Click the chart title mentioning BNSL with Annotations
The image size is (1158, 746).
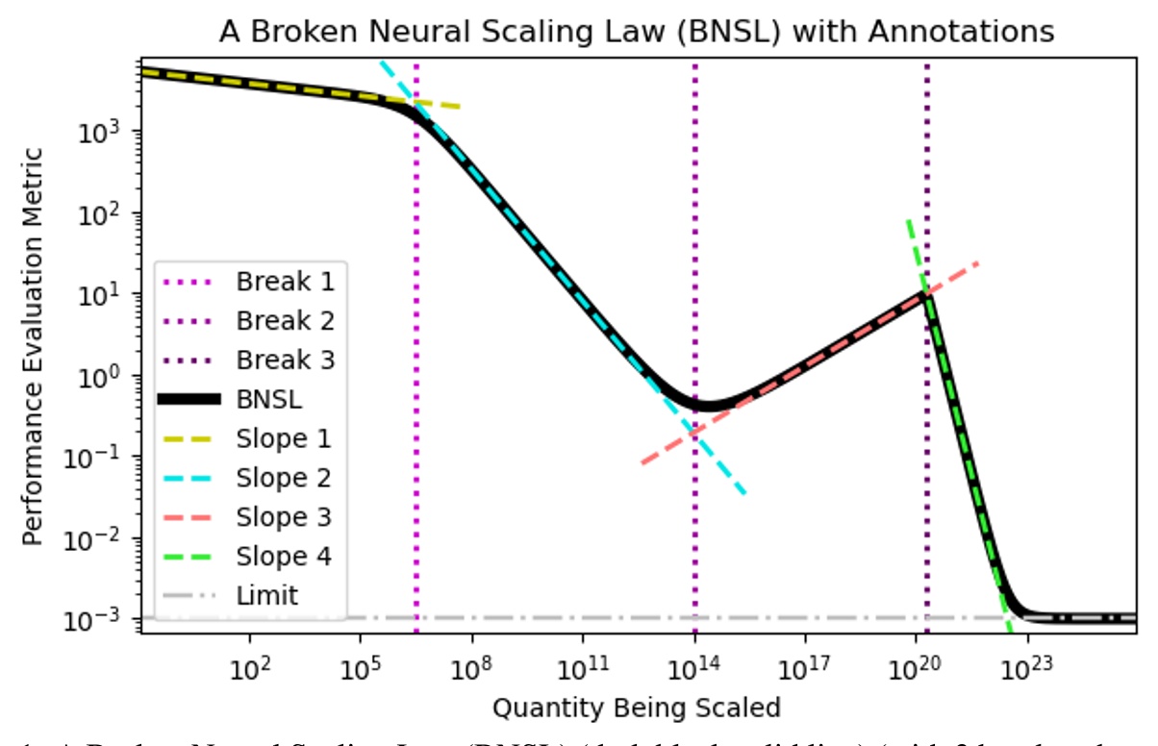[637, 32]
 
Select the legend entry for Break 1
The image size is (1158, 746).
[252, 282]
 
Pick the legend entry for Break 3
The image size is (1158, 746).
[252, 360]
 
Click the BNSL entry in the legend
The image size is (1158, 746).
[252, 399]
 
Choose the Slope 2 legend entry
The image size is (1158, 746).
[252, 477]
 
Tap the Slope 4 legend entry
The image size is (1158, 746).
[252, 556]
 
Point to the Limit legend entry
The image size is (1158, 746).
[252, 595]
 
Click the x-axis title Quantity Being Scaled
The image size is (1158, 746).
[636, 709]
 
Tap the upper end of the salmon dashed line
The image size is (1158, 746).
[978, 261]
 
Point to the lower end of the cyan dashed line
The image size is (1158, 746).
[744, 493]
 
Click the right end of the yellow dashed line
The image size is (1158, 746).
[460, 107]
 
